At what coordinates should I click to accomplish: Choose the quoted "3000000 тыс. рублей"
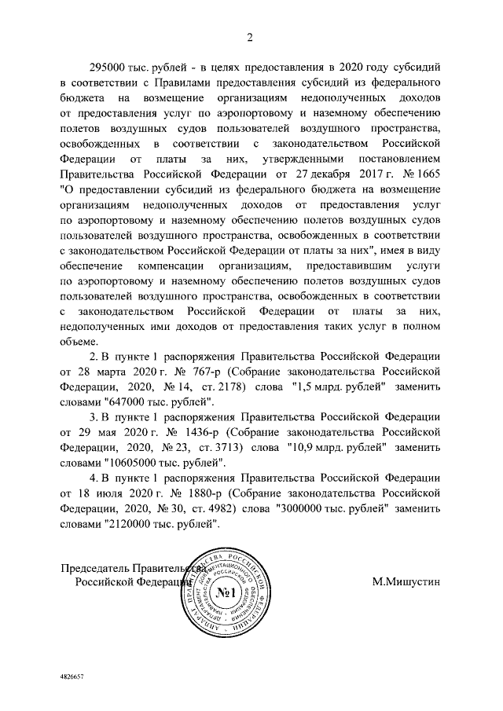point(332,508)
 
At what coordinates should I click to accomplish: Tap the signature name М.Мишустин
point(406,582)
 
